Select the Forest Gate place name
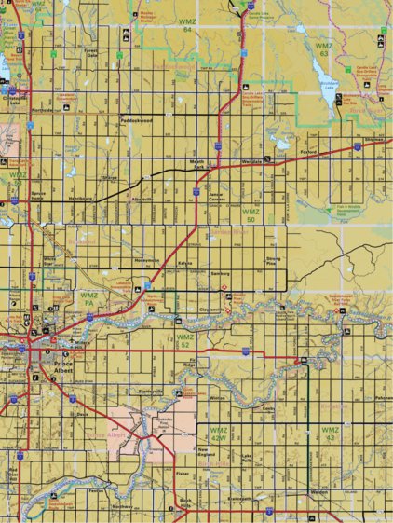(x=90, y=52)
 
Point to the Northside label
(x=43, y=110)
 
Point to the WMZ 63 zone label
(x=323, y=48)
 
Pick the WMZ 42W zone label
(x=219, y=434)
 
